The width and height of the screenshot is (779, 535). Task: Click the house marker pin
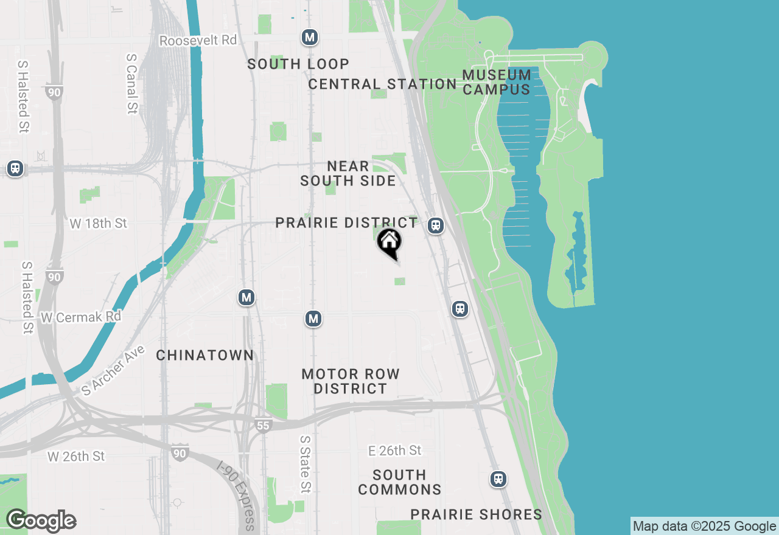pyautogui.click(x=389, y=243)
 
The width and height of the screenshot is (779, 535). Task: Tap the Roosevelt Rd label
pyautogui.click(x=198, y=40)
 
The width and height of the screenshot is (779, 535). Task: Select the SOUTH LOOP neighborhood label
pyautogui.click(x=298, y=64)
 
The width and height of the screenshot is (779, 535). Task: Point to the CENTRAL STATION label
pyautogui.click(x=382, y=84)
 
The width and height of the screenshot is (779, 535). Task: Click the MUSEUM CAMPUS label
pyautogui.click(x=497, y=82)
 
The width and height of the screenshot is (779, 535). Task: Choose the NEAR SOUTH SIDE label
pyautogui.click(x=348, y=173)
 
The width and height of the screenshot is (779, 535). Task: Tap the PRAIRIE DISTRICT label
pyautogui.click(x=346, y=223)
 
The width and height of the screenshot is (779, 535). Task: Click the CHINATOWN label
pyautogui.click(x=204, y=355)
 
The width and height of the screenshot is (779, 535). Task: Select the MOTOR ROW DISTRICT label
pyautogui.click(x=351, y=381)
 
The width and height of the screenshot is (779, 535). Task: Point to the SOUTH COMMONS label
pyautogui.click(x=400, y=482)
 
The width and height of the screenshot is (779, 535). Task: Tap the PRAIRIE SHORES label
pyautogui.click(x=477, y=514)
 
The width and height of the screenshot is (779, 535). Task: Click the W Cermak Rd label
pyautogui.click(x=81, y=317)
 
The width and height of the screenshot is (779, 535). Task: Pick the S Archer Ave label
pyautogui.click(x=114, y=370)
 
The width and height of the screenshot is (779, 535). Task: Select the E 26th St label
pyautogui.click(x=395, y=450)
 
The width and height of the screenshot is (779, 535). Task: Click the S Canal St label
pyautogui.click(x=131, y=83)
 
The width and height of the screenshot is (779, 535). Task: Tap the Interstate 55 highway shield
pyautogui.click(x=262, y=426)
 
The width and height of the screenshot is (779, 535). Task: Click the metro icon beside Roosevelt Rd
pyautogui.click(x=310, y=37)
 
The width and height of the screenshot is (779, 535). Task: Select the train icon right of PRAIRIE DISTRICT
pyautogui.click(x=435, y=226)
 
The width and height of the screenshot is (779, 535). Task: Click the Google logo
pyautogui.click(x=41, y=520)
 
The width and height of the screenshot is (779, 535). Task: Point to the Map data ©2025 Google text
pyautogui.click(x=704, y=526)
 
